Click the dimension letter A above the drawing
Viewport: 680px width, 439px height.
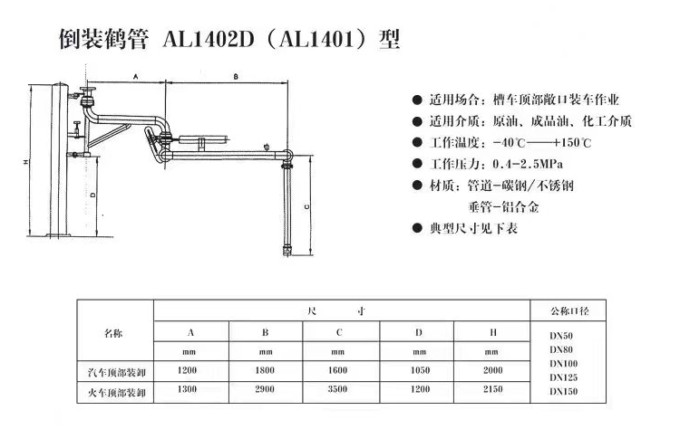point(136,77)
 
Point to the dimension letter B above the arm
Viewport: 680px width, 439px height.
point(236,77)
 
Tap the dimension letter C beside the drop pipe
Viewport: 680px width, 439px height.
point(307,206)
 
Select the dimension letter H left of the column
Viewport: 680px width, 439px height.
point(26,162)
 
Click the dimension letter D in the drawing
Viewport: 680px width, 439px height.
point(92,195)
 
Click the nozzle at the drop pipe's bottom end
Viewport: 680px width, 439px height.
point(287,251)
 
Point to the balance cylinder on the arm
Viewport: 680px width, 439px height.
point(203,139)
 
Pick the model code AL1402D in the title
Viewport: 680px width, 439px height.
point(209,40)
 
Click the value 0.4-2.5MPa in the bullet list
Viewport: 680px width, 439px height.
point(528,164)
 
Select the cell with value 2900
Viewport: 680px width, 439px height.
point(265,389)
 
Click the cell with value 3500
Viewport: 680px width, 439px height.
point(337,389)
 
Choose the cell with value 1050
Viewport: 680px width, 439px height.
point(420,370)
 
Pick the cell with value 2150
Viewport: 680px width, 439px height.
point(492,389)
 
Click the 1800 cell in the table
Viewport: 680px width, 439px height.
point(265,370)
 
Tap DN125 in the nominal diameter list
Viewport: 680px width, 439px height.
point(563,377)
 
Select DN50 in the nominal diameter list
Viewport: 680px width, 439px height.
point(561,336)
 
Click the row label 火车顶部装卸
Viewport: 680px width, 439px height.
point(117,393)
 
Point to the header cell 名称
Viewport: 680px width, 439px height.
point(113,333)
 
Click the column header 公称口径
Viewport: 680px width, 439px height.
point(569,310)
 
